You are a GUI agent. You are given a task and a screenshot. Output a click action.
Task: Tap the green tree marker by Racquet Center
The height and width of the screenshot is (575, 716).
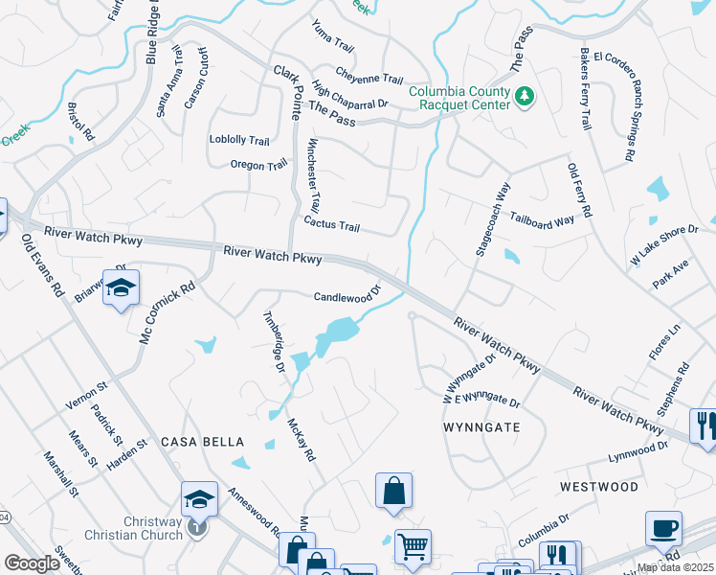[x=524, y=96]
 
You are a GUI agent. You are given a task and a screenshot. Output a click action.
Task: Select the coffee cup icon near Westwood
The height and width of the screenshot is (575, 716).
[x=663, y=528]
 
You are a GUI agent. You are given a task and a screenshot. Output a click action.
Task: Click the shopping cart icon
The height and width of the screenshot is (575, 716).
[x=413, y=547]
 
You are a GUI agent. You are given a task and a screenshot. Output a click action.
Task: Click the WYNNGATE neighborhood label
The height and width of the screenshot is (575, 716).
[x=481, y=426]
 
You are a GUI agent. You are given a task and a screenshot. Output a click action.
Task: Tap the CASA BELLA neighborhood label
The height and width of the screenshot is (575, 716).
[x=202, y=442]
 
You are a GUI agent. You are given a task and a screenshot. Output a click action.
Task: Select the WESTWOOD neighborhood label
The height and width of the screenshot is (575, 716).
[x=599, y=487]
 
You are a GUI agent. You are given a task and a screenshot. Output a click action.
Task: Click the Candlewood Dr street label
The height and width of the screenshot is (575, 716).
[x=347, y=297]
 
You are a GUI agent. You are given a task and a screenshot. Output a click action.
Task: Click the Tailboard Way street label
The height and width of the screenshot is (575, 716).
[x=542, y=219]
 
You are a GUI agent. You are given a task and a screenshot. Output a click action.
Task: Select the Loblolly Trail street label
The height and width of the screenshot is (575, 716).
[x=239, y=140]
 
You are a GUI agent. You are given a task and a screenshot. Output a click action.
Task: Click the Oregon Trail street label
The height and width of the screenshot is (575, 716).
[x=258, y=165]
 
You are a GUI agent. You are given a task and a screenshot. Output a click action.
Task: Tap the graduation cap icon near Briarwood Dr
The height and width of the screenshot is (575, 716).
[x=121, y=288]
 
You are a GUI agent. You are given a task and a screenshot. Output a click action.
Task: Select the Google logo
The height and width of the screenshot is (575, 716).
[x=32, y=563]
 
